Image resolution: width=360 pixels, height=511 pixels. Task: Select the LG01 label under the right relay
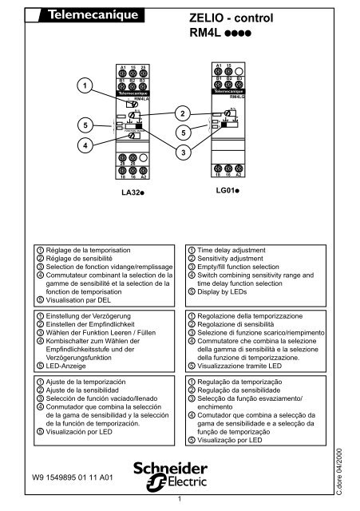pyautogui.click(x=228, y=192)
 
